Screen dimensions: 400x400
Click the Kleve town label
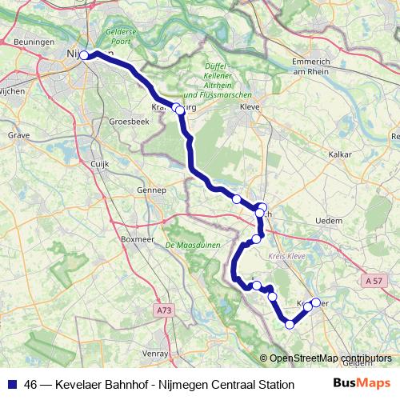[251, 106]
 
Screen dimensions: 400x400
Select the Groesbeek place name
[129, 122]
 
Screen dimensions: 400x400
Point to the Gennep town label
[151, 190]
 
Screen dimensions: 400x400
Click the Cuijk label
[99, 163]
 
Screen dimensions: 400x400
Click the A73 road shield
[164, 309]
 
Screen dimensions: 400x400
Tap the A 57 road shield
[374, 281]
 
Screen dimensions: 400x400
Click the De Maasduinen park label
[191, 244]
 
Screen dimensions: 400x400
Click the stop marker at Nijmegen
[84, 55]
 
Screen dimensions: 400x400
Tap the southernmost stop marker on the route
[290, 324]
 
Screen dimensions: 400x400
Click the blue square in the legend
[12, 384]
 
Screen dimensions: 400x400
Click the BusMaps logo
[362, 382]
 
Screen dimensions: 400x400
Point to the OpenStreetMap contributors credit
[330, 358]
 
